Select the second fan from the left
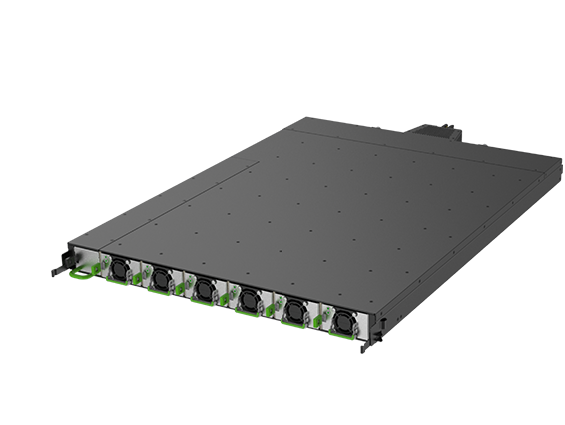pyautogui.click(x=159, y=278)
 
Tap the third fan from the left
pyautogui.click(x=203, y=289)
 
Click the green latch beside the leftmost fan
pyautogui.click(x=96, y=268)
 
